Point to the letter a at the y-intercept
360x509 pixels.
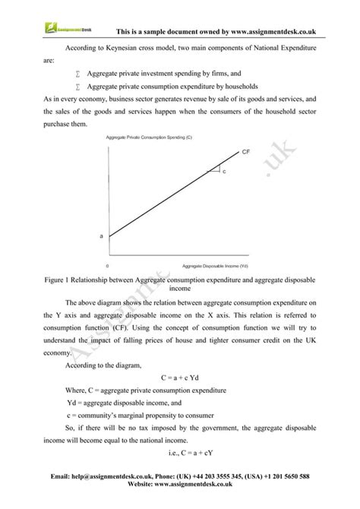point(102,236)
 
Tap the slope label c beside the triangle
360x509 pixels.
point(224,173)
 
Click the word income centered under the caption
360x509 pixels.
point(179,289)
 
